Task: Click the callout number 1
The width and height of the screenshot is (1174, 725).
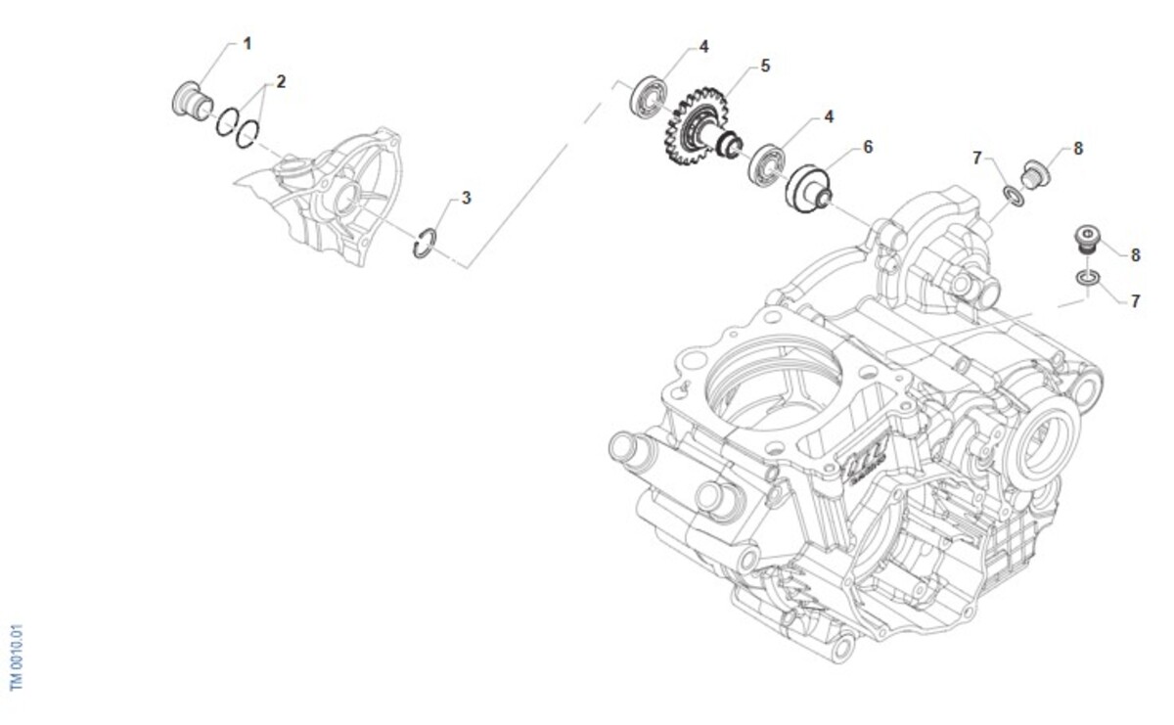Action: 248,43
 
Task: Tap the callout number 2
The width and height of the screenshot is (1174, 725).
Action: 281,82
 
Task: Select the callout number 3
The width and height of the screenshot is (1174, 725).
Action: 466,198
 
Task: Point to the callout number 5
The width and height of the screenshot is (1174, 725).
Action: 765,67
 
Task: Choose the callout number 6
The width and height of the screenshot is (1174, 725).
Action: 868,148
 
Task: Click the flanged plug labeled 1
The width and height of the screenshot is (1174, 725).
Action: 192,100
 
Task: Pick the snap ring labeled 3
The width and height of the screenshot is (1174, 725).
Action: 424,244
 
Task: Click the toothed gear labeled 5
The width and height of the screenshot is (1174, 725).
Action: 696,127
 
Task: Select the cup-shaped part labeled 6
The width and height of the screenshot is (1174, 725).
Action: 808,189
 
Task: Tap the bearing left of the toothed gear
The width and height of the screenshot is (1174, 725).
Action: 649,97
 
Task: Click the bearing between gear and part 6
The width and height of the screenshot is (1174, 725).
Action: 767,164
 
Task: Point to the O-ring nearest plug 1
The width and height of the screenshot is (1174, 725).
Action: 227,121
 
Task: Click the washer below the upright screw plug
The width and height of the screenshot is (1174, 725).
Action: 1088,278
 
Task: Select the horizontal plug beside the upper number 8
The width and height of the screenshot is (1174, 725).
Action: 1036,174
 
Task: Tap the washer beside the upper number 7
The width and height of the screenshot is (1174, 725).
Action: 1015,196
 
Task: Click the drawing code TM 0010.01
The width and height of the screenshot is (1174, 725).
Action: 17,657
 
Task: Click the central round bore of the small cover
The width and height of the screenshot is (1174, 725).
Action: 346,199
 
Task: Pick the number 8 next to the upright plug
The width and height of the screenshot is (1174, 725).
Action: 1135,255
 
